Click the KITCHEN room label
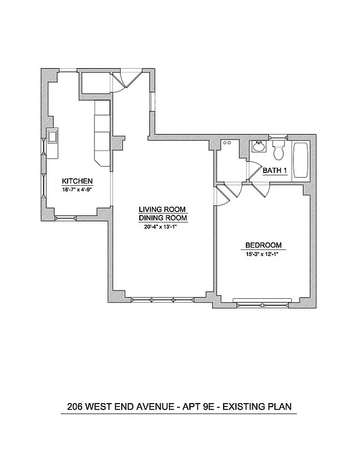tap(77, 181)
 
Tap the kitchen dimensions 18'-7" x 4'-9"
tap(77, 189)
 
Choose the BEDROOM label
tap(263, 245)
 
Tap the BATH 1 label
tap(275, 171)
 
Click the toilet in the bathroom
tap(278, 150)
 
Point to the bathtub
tap(302, 160)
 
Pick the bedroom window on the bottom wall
tap(262, 302)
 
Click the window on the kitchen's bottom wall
tap(65, 218)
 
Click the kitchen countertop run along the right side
tap(102, 133)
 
